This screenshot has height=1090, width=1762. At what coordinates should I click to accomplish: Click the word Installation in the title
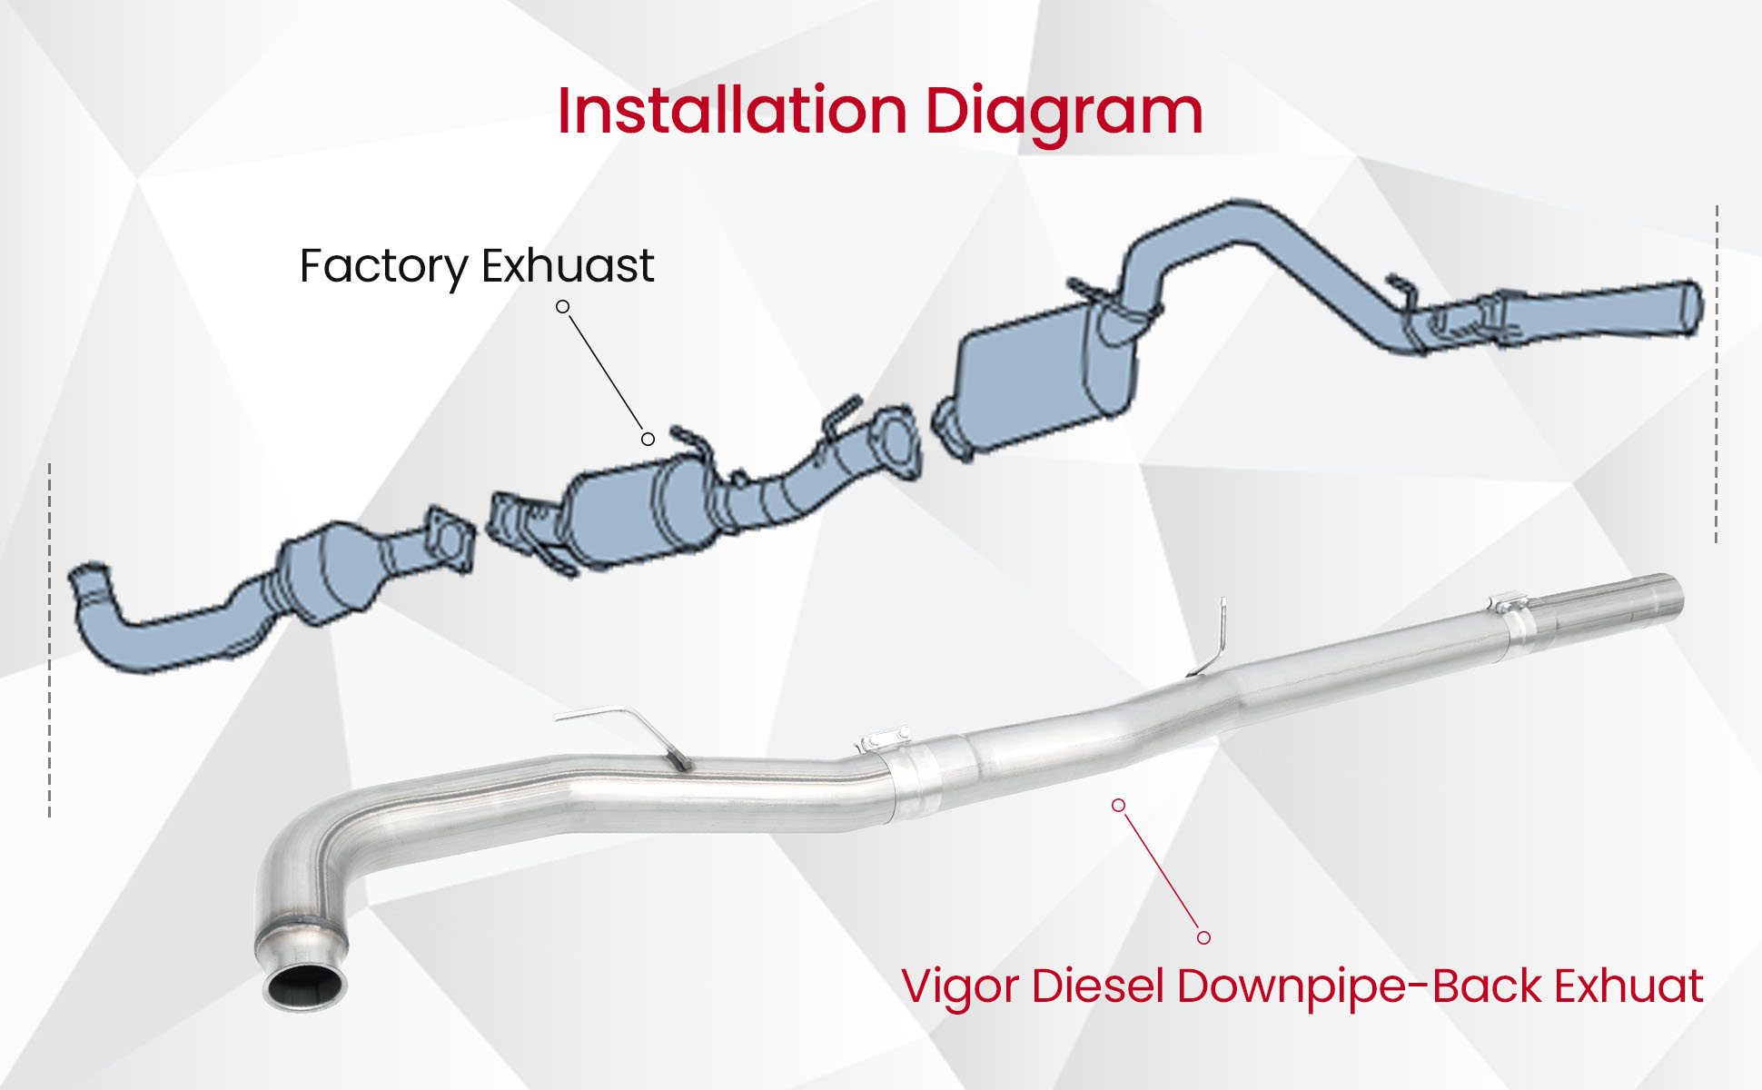click(x=732, y=112)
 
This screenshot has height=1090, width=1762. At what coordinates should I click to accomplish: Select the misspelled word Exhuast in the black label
click(x=568, y=265)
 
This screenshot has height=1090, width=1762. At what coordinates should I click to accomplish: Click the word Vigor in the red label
click(x=959, y=987)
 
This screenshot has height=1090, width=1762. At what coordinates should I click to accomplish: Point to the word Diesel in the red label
click(x=1098, y=986)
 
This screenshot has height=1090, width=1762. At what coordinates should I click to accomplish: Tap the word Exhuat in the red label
click(x=1628, y=986)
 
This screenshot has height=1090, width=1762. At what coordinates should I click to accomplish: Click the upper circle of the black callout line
click(x=563, y=307)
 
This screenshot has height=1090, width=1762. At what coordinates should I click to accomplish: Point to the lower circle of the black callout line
click(x=648, y=440)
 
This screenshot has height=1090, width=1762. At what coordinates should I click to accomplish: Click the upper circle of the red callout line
click(x=1119, y=806)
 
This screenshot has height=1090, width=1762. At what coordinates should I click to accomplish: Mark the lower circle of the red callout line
click(x=1203, y=937)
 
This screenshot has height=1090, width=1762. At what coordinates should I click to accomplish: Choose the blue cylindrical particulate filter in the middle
click(x=627, y=513)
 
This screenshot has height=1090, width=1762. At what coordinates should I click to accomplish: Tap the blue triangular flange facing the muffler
click(x=894, y=441)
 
